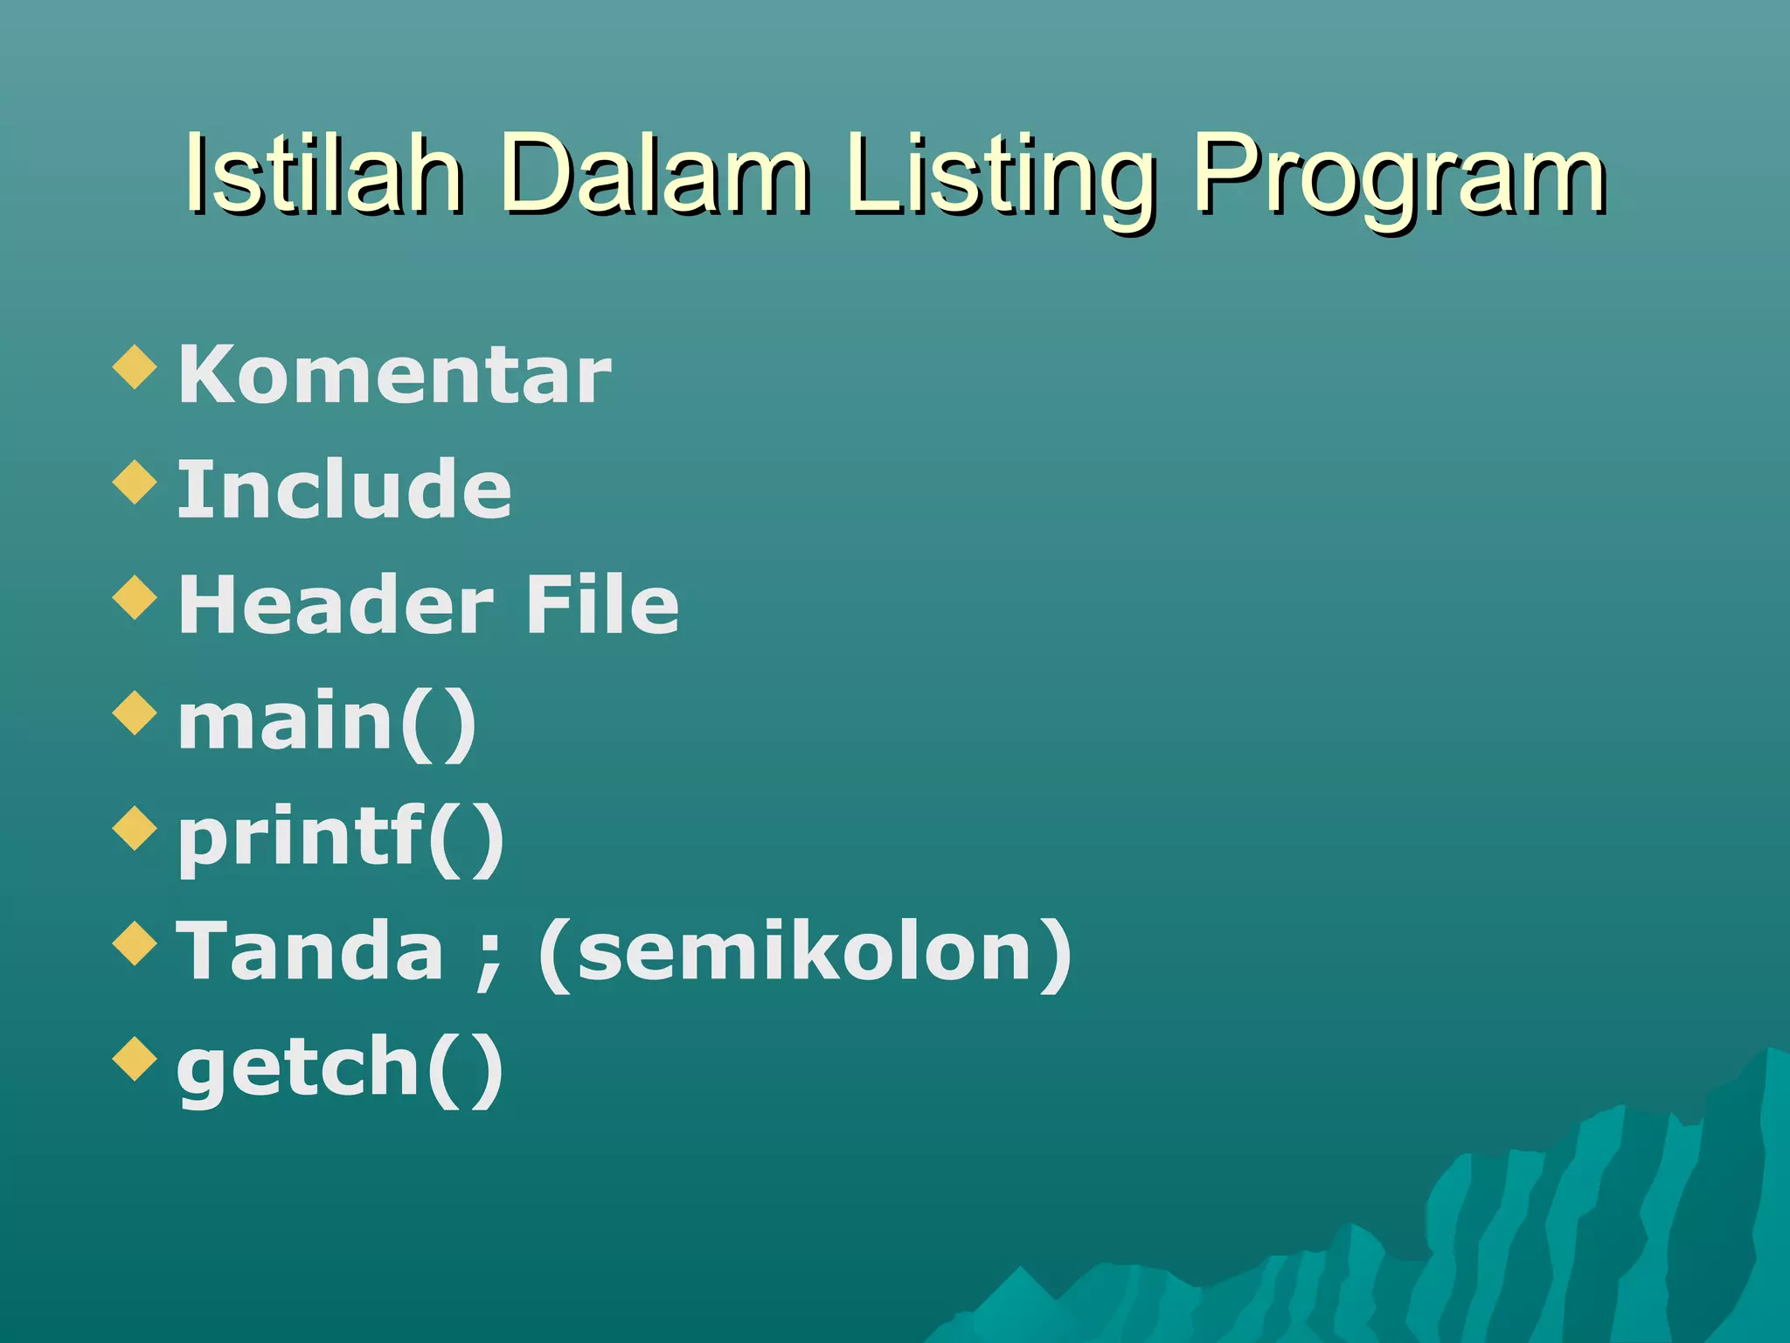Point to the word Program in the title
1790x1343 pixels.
click(1398, 179)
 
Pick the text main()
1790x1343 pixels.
click(327, 722)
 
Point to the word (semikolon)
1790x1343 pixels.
click(805, 953)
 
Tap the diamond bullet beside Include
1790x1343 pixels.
click(135, 482)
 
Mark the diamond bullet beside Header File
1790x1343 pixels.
click(135, 597)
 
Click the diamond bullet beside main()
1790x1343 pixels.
click(135, 713)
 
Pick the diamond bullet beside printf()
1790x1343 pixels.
click(135, 828)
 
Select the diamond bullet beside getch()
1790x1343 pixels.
click(135, 1059)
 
